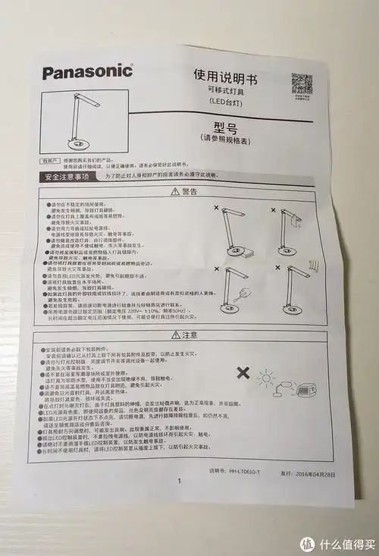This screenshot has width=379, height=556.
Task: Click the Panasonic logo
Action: pos(88,73)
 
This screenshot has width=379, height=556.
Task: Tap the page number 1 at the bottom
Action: pos(180,481)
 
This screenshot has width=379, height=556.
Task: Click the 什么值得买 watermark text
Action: pos(346,545)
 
